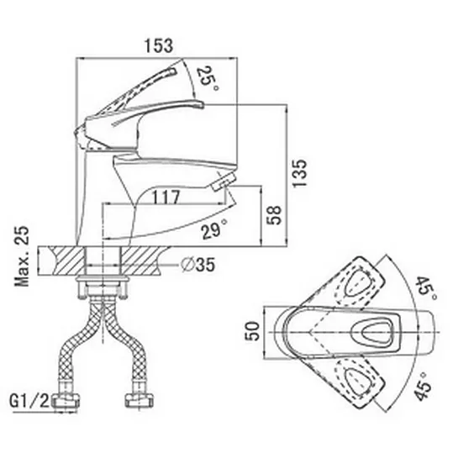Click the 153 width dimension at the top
tap(159, 46)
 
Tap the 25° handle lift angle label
tap(208, 78)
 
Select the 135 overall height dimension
tap(299, 173)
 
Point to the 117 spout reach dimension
tap(166, 198)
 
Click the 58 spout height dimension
tap(273, 215)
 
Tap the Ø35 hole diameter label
tap(198, 265)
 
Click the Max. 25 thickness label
tap(22, 256)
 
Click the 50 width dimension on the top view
tap(252, 331)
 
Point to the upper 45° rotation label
tap(426, 289)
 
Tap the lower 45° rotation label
tap(423, 387)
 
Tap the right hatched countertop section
tap(141, 261)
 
